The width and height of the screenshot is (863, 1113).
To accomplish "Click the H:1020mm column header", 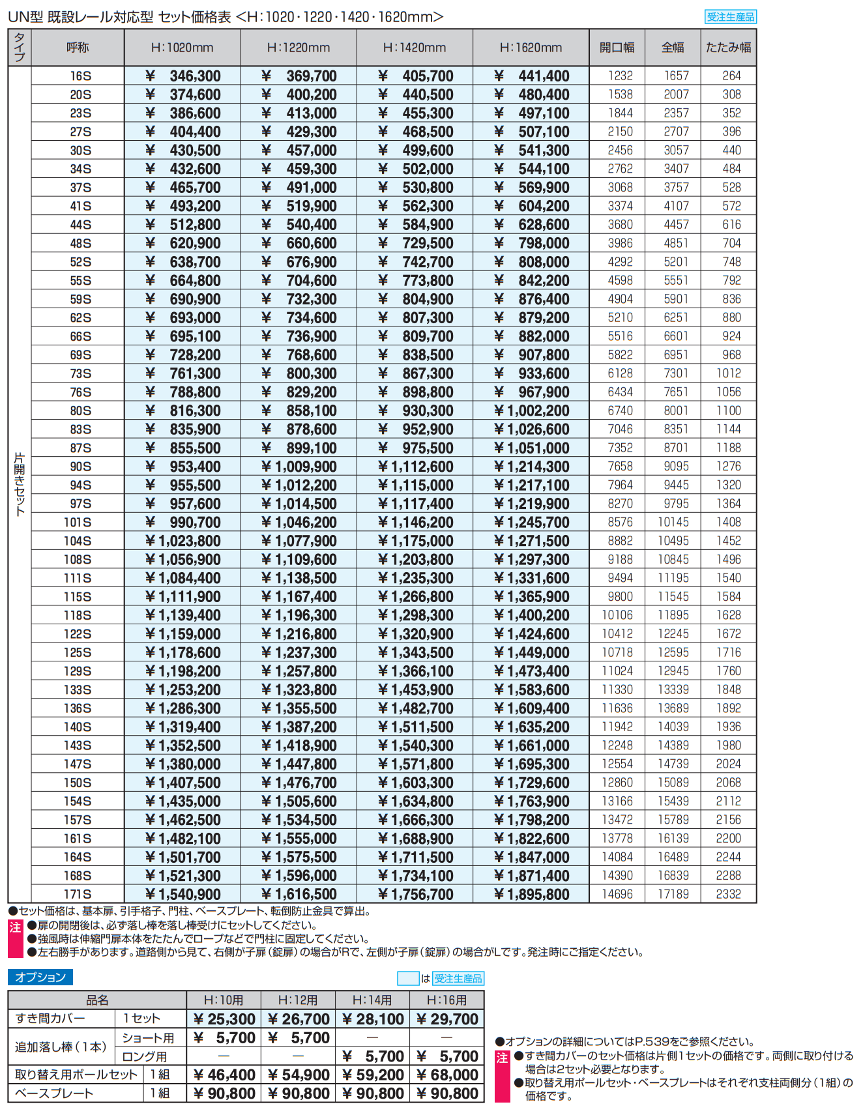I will (182, 48).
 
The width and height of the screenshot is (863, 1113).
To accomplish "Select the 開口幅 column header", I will (617, 48).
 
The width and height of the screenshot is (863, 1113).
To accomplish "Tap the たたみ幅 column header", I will (728, 48).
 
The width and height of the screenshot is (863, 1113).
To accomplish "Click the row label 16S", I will (80, 76).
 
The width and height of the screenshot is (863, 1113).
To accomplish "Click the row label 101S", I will (78, 523).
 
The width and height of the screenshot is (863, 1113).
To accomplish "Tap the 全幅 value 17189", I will (673, 894).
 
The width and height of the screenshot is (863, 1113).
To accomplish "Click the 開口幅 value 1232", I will (620, 76).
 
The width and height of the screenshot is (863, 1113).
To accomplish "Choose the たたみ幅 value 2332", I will (728, 894).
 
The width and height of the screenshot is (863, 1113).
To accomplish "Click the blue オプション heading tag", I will (40, 977).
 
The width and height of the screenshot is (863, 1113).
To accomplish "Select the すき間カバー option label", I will (50, 1019).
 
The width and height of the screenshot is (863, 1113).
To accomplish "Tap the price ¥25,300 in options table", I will (224, 1019).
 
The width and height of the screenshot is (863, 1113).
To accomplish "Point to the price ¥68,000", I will (447, 1075).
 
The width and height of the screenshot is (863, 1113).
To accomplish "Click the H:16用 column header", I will (446, 1000).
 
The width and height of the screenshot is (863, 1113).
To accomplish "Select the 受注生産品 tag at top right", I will (730, 17).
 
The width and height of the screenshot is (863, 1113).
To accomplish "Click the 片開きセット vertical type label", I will (20, 484).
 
